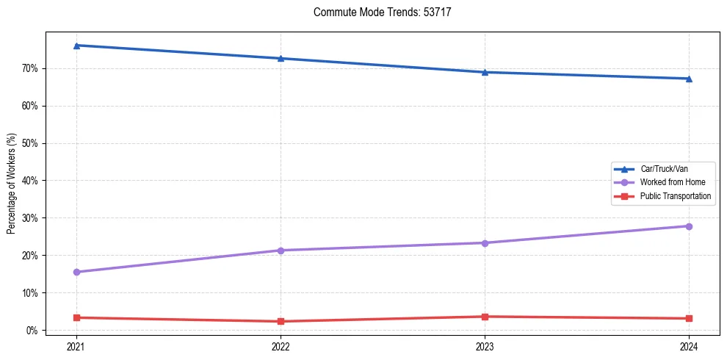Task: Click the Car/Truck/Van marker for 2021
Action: [76, 46]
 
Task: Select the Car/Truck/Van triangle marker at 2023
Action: [485, 72]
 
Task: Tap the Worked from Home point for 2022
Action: [281, 251]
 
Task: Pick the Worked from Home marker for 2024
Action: [689, 226]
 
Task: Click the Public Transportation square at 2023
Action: [485, 317]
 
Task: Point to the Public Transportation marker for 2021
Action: [76, 317]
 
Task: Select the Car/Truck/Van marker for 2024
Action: [689, 79]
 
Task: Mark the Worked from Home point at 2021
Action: [76, 272]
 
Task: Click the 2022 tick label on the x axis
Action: [281, 345]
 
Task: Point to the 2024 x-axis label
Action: [689, 345]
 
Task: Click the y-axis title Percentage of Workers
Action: [12, 184]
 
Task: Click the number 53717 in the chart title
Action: [438, 12]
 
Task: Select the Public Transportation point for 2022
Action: [281, 321]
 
